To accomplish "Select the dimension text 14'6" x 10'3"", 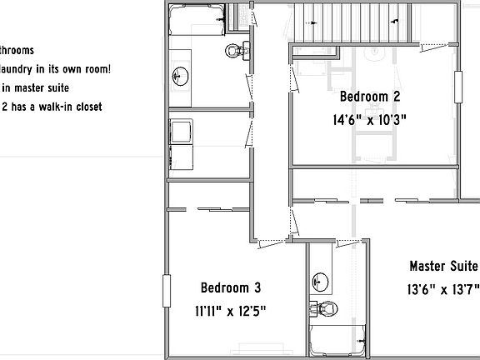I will pyautogui.click(x=368, y=119).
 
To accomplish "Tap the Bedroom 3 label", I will pyautogui.click(x=231, y=288).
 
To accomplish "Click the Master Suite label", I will pyautogui.click(x=443, y=267).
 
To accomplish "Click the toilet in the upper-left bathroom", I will pyautogui.click(x=237, y=51).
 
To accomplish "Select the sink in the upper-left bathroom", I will pyautogui.click(x=179, y=77).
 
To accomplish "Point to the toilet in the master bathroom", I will pyautogui.click(x=327, y=307).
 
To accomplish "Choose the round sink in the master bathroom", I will pyautogui.click(x=320, y=279).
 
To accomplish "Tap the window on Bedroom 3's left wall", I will pyautogui.click(x=166, y=292).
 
